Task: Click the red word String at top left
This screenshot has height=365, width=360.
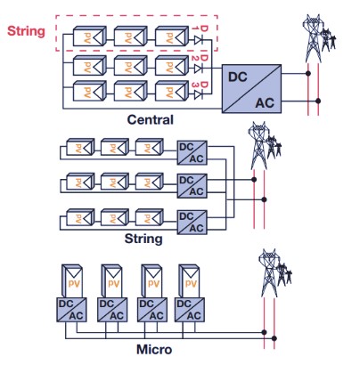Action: click(x=26, y=31)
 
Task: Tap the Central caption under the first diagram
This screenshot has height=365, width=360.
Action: click(x=150, y=119)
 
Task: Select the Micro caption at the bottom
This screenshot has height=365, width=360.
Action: click(x=154, y=349)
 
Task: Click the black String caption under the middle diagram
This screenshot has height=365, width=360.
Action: click(x=143, y=239)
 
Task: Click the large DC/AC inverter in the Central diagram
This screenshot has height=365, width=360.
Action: click(x=251, y=89)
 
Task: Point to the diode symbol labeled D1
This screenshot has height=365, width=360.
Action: click(x=198, y=39)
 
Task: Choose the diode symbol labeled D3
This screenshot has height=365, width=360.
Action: click(x=198, y=95)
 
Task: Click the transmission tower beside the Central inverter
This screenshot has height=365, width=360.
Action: click(x=318, y=38)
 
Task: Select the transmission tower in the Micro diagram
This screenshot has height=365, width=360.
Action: click(x=275, y=273)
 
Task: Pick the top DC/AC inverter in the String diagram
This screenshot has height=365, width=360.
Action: click(x=192, y=153)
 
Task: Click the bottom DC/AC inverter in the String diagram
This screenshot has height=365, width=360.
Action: click(x=192, y=223)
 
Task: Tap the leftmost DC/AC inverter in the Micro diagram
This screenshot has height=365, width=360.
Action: click(x=71, y=310)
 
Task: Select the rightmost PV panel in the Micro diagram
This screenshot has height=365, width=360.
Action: click(x=189, y=281)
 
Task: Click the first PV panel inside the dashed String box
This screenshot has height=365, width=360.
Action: click(x=89, y=36)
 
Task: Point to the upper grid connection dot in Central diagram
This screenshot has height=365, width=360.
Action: click(x=308, y=73)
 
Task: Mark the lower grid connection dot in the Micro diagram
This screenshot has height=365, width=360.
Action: click(x=274, y=338)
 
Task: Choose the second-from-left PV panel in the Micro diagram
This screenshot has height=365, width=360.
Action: click(x=111, y=281)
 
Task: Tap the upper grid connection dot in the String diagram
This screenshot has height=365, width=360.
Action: click(x=254, y=179)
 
